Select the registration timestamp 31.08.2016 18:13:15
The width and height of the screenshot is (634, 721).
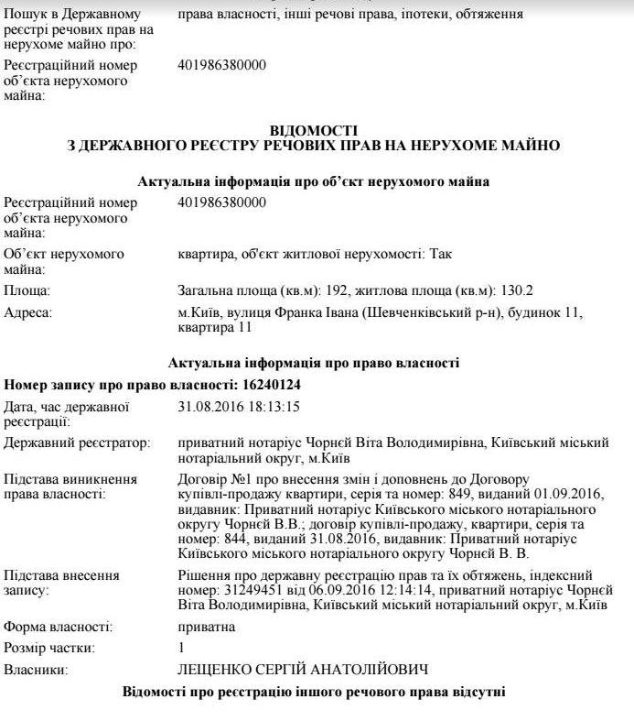pos(239,406)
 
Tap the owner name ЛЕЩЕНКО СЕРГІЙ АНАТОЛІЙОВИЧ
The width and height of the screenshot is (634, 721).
pos(303,671)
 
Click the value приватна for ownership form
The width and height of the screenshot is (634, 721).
pos(206,628)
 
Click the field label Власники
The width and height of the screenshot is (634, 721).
pos(36,671)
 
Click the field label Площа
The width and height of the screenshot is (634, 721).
pos(28,290)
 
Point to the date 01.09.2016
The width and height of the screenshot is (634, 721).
pos(575,496)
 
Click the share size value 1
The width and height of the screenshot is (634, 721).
pos(181,649)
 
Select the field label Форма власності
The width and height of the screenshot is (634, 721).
pos(59,628)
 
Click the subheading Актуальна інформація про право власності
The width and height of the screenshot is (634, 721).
pos(314,362)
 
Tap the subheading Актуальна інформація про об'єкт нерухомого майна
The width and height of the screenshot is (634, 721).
pos(314,181)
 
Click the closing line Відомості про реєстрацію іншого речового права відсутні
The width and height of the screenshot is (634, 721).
pos(314,690)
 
